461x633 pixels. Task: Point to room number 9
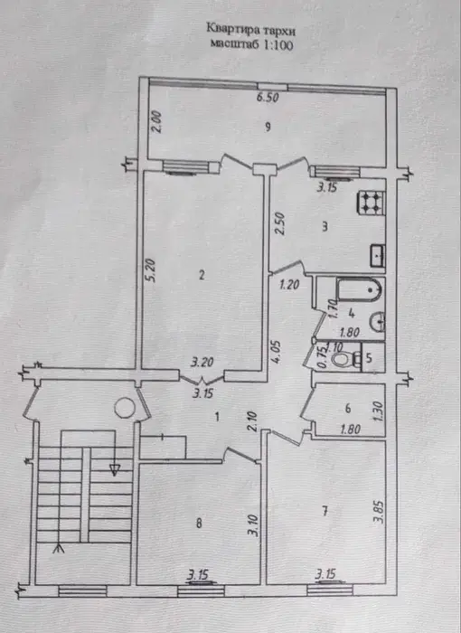[268, 125]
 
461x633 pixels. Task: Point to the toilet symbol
[343, 360]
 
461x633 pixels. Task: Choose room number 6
[347, 407]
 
